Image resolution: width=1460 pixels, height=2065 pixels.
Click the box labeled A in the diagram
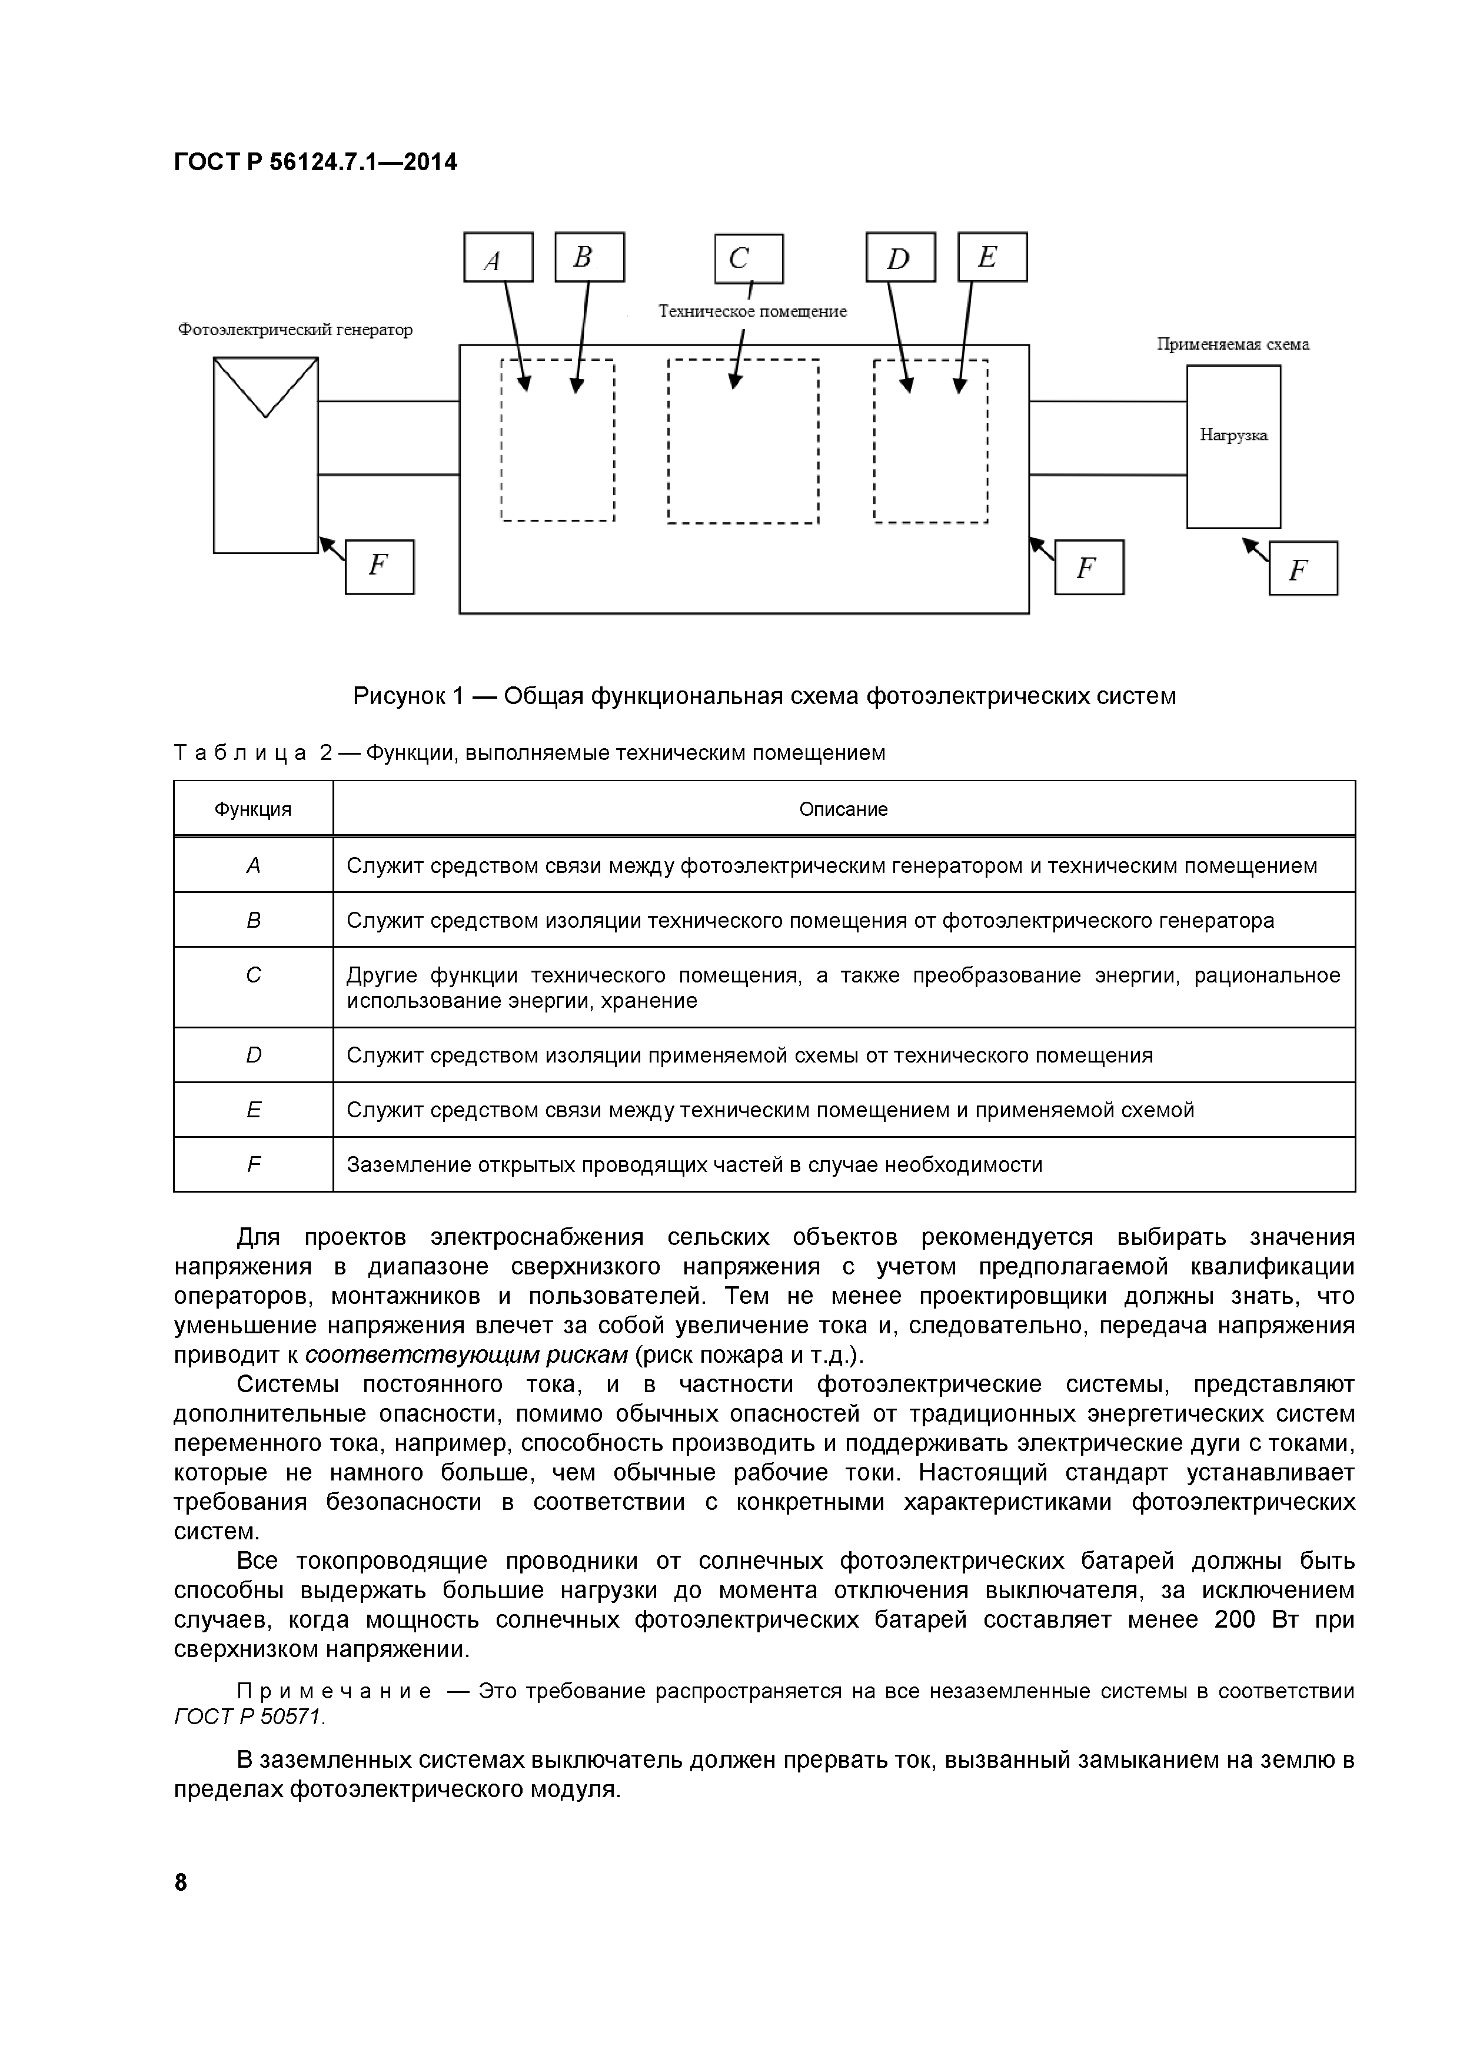pos(498,257)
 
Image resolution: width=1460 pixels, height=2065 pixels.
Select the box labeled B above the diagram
pos(589,257)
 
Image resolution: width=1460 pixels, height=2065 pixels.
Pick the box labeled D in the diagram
pos(900,258)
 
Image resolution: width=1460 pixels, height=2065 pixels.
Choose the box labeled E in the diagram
pos(992,257)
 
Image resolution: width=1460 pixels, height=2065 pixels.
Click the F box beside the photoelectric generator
pos(380,567)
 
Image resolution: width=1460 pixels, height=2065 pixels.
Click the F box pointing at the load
pos(1303,569)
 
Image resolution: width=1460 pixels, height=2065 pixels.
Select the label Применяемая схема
pos(1232,344)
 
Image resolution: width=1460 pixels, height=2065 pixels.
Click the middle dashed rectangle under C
pos(743,441)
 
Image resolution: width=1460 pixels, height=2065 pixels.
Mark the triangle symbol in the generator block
pos(265,381)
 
